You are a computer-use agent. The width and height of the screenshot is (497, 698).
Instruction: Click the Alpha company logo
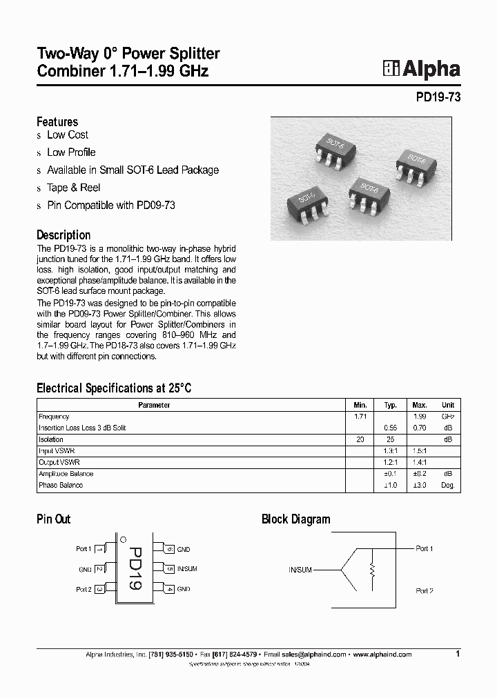point(421,69)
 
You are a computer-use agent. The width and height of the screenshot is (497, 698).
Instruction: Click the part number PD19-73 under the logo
point(438,98)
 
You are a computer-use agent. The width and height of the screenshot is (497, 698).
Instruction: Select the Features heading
point(57,121)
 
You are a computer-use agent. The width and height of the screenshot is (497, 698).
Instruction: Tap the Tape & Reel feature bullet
point(73,188)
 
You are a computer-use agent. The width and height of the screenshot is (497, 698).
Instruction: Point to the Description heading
point(64,235)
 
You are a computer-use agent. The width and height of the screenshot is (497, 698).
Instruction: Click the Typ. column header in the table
point(390,406)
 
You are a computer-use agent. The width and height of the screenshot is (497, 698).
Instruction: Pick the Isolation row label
point(51,439)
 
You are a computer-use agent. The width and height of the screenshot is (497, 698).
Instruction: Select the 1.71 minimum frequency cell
point(360,417)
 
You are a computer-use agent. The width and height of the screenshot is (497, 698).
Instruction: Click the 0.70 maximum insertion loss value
point(420,428)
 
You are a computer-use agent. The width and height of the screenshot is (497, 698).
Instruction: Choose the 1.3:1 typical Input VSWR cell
point(390,450)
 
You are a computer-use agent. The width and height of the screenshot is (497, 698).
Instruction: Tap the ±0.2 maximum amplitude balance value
point(420,474)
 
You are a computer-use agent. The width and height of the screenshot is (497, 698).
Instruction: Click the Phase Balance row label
point(61,485)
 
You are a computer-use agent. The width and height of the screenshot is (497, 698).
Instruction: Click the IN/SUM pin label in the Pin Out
point(187,569)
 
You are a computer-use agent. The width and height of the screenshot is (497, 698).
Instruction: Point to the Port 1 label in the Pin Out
point(83,549)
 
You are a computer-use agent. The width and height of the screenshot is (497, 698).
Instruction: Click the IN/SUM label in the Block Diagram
point(301,570)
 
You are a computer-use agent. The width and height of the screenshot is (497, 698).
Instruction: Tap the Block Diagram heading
point(295,519)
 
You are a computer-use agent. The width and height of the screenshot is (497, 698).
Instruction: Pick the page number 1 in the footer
point(458,653)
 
